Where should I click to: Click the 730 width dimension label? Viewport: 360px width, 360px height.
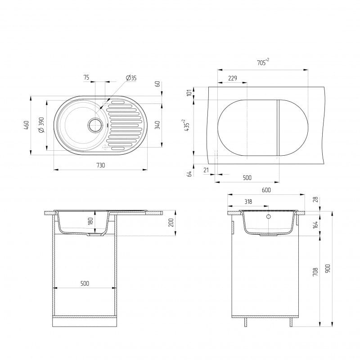tap(100, 165)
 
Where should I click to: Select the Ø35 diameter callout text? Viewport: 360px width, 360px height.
tap(131, 78)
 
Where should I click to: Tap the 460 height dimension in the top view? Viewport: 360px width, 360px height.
tap(26, 126)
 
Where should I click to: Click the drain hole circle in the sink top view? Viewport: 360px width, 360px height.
tap(95, 125)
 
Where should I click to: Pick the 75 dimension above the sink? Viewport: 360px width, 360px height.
tap(86, 78)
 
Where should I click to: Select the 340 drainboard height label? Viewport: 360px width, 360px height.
tap(157, 125)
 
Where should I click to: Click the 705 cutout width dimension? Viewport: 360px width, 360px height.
tap(263, 63)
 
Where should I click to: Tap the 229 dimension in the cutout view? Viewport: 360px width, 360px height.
tap(232, 78)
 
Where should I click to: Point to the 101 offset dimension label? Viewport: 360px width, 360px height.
tap(189, 93)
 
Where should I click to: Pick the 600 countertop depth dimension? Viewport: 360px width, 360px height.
tap(266, 190)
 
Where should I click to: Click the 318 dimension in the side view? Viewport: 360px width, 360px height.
tap(248, 202)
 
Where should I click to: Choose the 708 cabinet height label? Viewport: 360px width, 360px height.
tap(315, 271)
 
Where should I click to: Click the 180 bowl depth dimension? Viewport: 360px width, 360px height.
tap(90, 222)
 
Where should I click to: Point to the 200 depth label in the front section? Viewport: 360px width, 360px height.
tap(171, 222)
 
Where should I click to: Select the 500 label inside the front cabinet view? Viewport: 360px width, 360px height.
tap(85, 283)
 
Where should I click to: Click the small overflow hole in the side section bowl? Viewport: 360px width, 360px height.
tap(268, 217)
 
